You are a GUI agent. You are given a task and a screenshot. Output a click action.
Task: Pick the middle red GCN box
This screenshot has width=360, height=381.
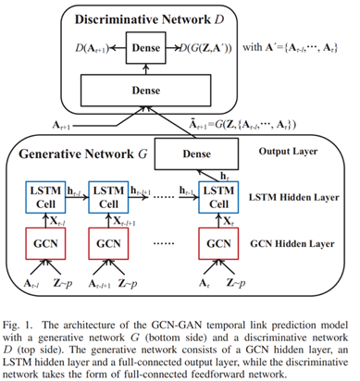point(114,245)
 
